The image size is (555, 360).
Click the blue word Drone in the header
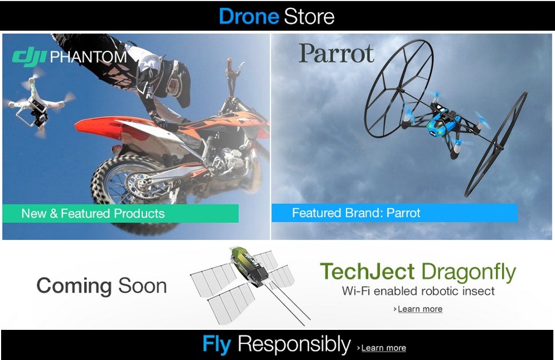249,16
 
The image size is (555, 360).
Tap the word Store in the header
309,16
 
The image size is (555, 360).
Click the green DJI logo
29,57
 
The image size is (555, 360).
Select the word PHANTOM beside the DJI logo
88,57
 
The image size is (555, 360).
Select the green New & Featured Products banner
120,213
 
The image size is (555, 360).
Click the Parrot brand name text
336,54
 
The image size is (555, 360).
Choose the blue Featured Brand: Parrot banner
394,213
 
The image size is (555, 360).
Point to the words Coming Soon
102,286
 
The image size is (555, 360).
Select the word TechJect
367,272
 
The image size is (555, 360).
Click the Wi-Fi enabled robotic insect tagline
418,291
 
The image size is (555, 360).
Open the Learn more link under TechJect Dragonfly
420,309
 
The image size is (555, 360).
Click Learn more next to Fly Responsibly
383,348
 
